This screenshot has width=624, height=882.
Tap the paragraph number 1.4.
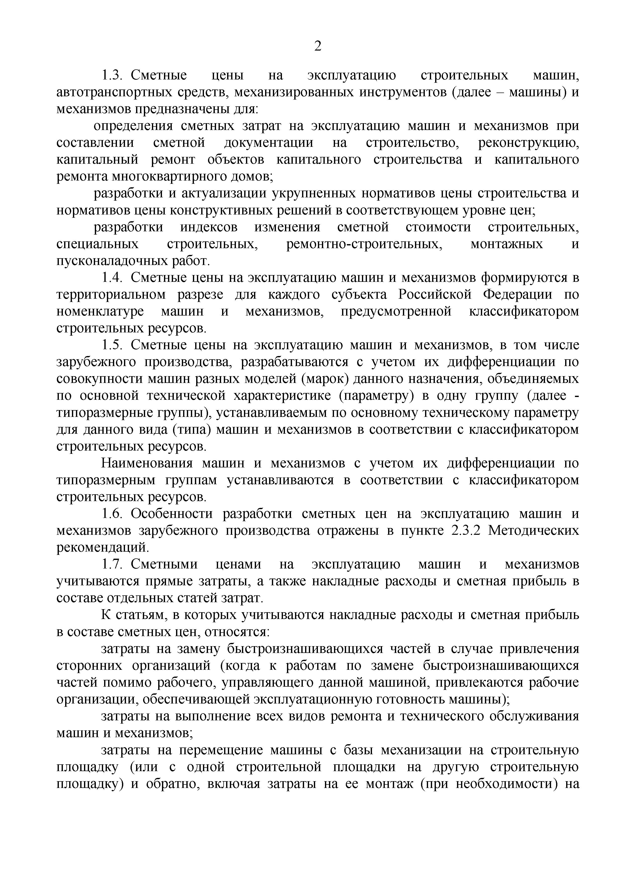112,277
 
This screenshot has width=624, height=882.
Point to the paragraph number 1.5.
112,345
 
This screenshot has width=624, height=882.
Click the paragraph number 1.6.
112,514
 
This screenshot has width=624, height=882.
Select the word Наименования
147,463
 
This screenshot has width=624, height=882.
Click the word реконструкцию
528,143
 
